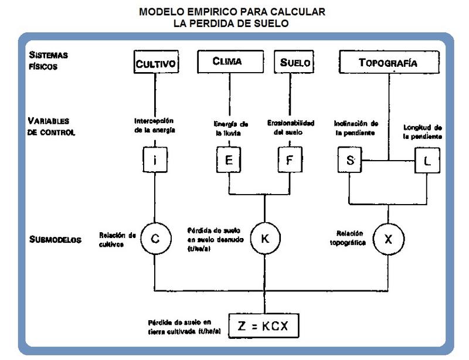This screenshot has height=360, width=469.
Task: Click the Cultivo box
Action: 155,63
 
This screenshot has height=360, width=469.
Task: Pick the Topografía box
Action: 388,62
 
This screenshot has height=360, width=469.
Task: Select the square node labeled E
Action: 229,160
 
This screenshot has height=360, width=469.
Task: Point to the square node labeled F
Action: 289,160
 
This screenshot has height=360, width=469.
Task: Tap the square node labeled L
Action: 426,160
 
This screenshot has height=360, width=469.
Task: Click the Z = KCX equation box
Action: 265,326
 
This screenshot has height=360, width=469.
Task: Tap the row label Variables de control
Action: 52,126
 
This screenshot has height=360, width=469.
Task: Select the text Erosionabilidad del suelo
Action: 291,127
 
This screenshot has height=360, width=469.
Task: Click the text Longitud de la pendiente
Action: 423,132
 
